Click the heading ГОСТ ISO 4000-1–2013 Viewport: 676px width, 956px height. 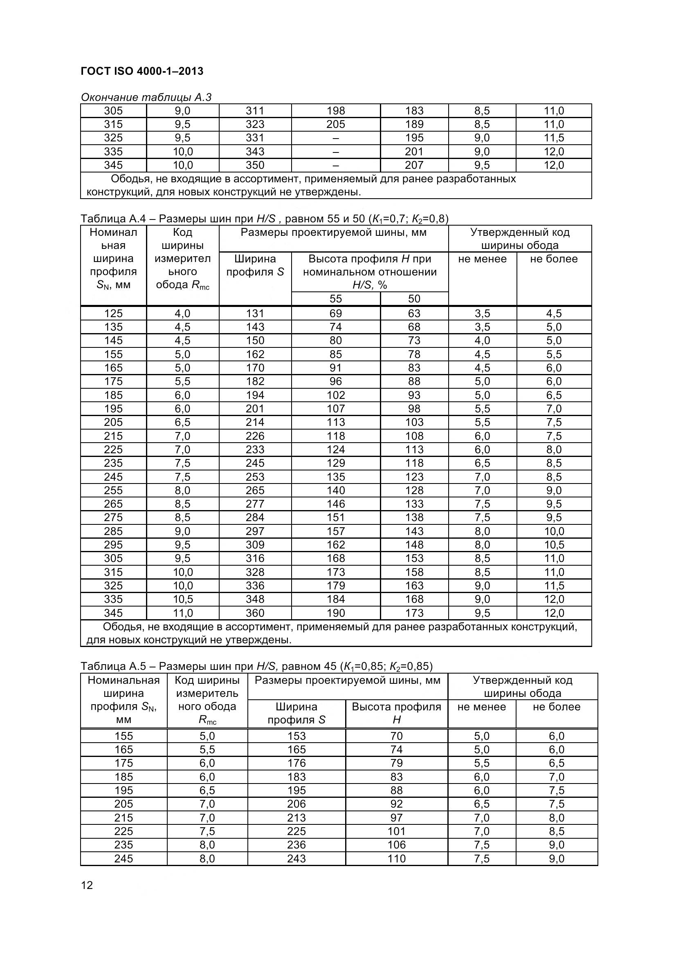click(142, 71)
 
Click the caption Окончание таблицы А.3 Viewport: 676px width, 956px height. click(146, 97)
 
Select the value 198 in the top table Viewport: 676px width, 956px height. click(336, 111)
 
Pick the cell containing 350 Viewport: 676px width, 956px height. click(255, 165)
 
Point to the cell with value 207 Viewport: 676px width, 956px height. click(414, 165)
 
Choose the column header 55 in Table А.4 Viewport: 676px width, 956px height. click(336, 298)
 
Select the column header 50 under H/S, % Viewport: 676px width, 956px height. click(414, 298)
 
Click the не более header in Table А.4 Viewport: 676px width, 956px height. click(554, 259)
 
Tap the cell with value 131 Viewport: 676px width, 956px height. click(255, 313)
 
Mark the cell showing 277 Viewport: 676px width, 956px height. click(255, 504)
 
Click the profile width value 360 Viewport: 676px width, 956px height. click(255, 613)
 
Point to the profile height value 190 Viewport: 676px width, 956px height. click(336, 613)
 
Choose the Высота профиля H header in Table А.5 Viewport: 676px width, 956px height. click(396, 713)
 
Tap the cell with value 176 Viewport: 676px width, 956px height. click(296, 763)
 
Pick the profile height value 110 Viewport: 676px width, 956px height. click(396, 859)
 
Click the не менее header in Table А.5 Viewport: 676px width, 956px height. click(481, 707)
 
